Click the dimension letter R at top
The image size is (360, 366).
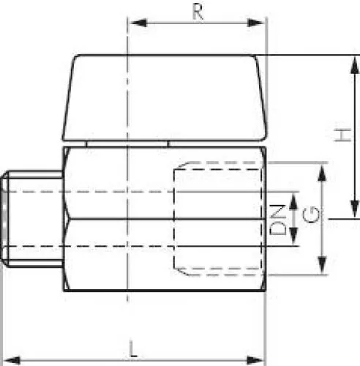pyautogui.click(x=198, y=12)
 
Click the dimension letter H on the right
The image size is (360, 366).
pyautogui.click(x=342, y=135)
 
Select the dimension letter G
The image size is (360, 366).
pyautogui.click(x=311, y=214)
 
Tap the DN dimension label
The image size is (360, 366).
pyautogui.click(x=277, y=220)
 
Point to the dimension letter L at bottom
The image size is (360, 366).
pyautogui.click(x=132, y=349)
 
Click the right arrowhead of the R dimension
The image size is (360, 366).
pyautogui.click(x=255, y=23)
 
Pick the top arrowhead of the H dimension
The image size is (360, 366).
pyautogui.click(x=355, y=64)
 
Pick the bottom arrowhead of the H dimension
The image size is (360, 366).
pyautogui.click(x=355, y=209)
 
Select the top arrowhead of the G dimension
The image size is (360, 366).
pyautogui.click(x=322, y=173)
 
